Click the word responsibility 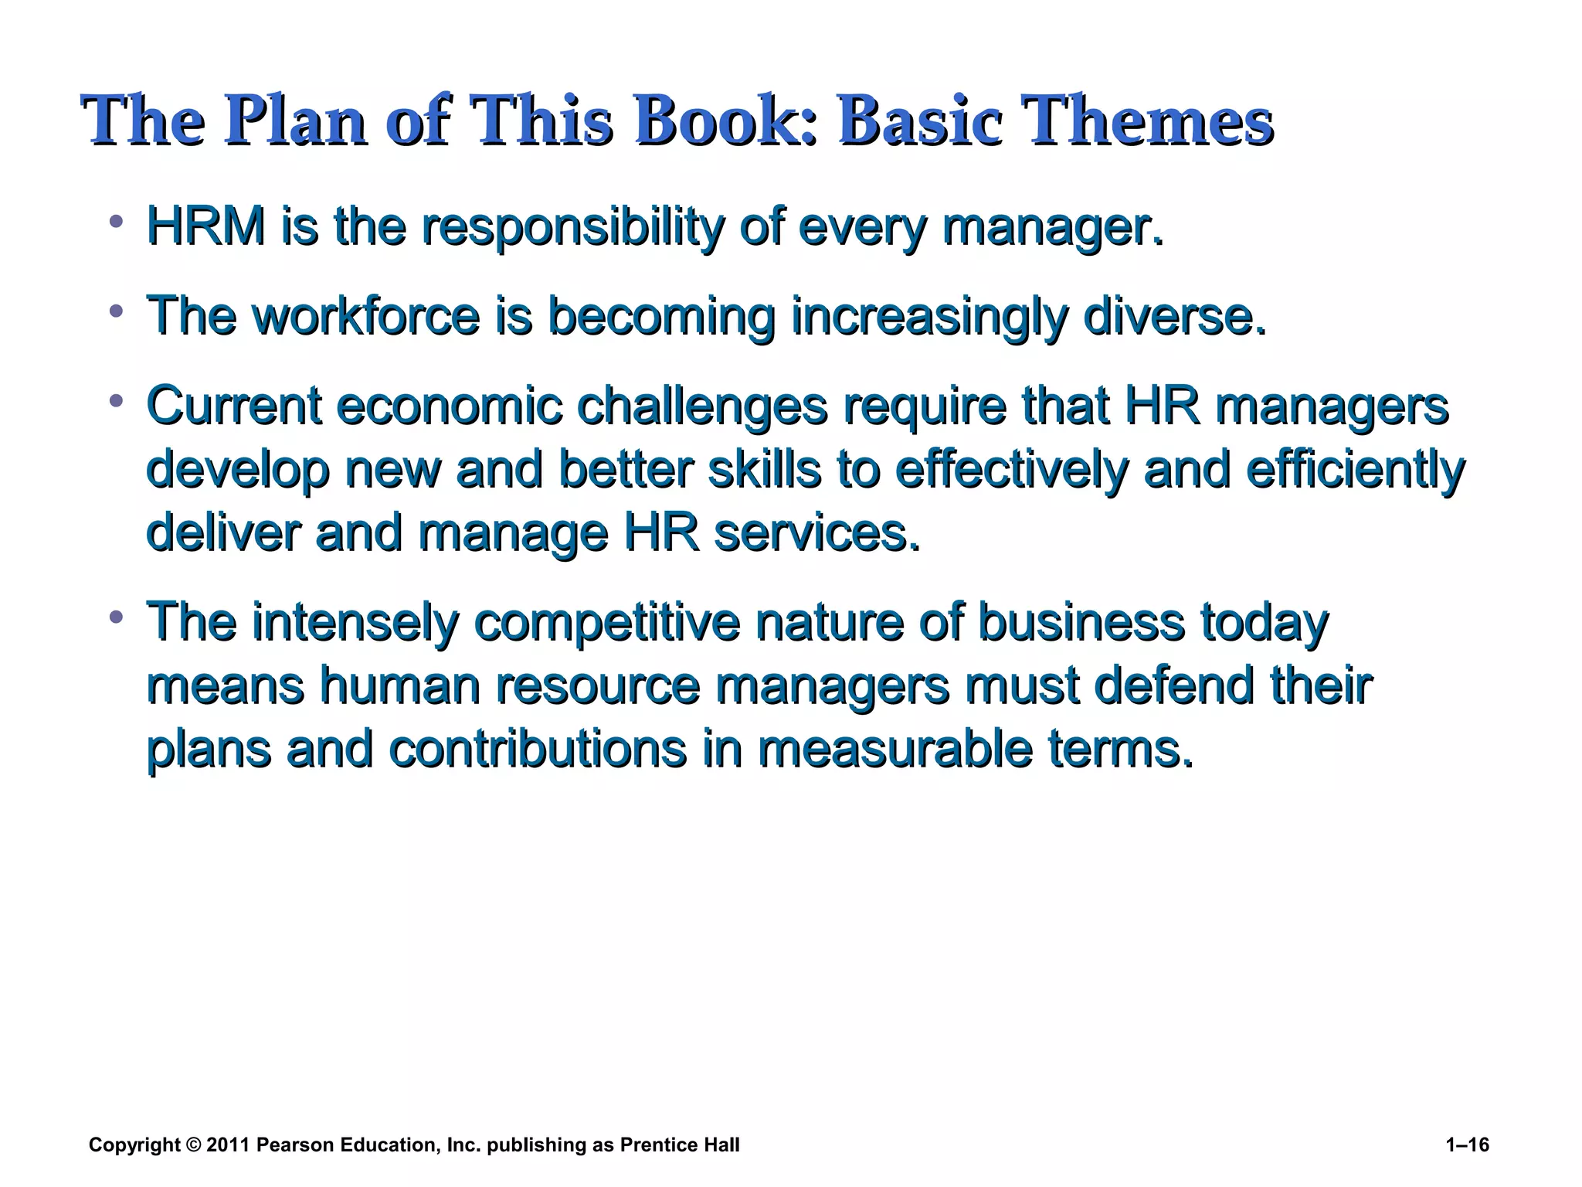point(572,228)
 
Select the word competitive point(606,622)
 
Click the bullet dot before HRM point(117,223)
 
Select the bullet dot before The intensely point(117,617)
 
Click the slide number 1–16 point(1467,1144)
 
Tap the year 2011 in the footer point(228,1144)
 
